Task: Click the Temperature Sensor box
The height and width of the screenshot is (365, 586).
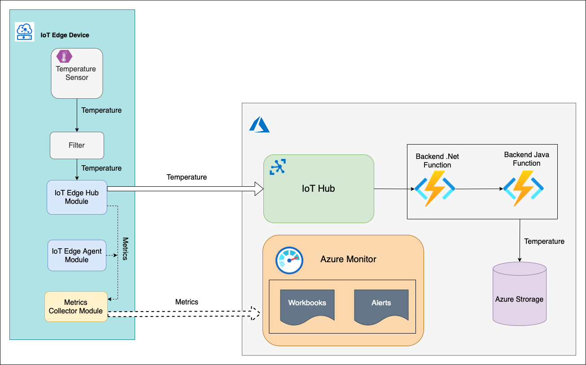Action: tap(77, 74)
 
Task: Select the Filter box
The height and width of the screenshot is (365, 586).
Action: tap(77, 145)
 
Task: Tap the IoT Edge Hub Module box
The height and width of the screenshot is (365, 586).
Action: tap(77, 197)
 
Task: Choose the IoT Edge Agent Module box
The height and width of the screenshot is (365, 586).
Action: tap(77, 255)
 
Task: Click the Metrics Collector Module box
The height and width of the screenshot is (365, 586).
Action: tap(76, 307)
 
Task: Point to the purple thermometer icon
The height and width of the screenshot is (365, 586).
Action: tap(65, 56)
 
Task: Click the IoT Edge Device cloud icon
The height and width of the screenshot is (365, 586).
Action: tap(25, 32)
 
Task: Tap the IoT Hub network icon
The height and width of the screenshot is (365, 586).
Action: tap(278, 167)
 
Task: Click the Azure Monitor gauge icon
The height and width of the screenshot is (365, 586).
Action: tap(289, 260)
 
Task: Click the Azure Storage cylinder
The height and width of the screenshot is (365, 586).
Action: tap(520, 294)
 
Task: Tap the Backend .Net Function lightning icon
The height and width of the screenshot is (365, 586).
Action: tap(435, 188)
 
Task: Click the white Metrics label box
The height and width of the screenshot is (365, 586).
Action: tap(187, 302)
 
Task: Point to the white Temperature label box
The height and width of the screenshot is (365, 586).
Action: tap(187, 177)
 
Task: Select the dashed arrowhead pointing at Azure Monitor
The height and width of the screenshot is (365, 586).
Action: tap(254, 313)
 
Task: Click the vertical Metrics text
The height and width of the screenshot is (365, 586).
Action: tap(125, 249)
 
